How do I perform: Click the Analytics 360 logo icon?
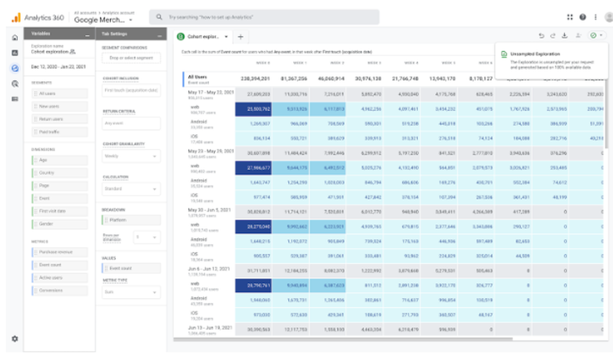[15, 17]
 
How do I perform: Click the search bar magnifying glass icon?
[159, 17]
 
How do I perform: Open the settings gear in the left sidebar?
[15, 339]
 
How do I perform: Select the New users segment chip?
[59, 106]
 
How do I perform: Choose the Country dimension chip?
[59, 173]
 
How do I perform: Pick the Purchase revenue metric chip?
[59, 253]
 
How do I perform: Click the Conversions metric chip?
[59, 289]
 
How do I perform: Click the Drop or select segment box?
[131, 58]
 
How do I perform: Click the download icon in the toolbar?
[564, 36]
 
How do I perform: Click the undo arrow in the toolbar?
[541, 36]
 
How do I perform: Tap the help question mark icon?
[582, 17]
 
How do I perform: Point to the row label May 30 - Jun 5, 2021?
[208, 210]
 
